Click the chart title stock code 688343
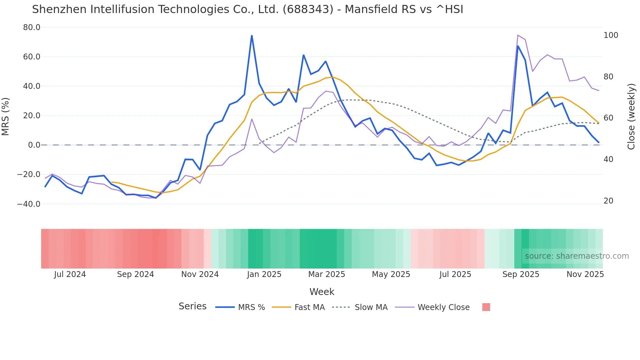coord(308,9)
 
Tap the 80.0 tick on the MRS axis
coord(32,27)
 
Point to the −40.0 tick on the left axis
coord(29,204)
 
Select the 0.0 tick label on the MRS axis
coord(34,145)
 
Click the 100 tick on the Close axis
coord(611,35)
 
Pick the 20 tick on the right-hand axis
coord(608,201)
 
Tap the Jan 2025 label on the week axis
coord(264,274)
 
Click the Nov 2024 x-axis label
coord(200,274)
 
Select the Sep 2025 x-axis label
coord(520,274)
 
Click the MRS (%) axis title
coord(6,116)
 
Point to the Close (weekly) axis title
coord(631,116)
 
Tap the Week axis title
coord(322,292)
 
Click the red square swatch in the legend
coord(486,307)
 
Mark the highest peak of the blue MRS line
coord(252,36)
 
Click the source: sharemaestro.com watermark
coord(577,256)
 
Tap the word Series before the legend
coord(192,306)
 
